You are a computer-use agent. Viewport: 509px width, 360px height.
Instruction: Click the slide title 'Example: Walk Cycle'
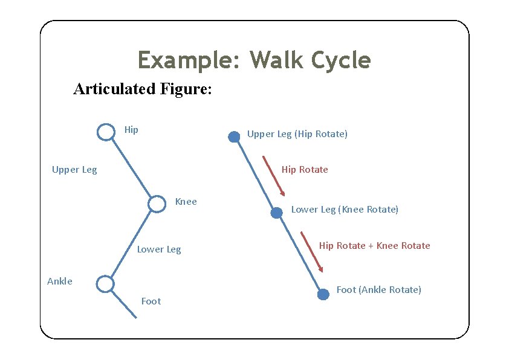click(x=254, y=60)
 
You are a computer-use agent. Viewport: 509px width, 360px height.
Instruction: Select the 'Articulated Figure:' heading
click(x=142, y=89)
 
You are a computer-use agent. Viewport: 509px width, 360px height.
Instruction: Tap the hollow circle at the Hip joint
click(x=106, y=132)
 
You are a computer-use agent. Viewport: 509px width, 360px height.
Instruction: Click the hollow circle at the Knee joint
click(x=157, y=204)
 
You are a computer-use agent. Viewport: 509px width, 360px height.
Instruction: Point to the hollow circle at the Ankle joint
click(x=105, y=283)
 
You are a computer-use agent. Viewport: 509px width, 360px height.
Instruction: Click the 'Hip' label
click(x=131, y=129)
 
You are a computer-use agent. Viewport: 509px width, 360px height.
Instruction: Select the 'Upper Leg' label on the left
click(x=74, y=170)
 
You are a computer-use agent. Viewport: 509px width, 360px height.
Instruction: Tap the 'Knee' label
click(x=186, y=202)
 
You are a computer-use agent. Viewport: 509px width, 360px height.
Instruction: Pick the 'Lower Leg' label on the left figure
click(x=159, y=249)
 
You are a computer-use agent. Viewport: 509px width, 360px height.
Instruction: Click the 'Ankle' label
click(x=60, y=281)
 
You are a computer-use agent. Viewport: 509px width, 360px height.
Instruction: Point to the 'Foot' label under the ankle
click(x=151, y=301)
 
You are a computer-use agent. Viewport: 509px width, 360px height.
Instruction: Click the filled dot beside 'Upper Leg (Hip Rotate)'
click(x=234, y=137)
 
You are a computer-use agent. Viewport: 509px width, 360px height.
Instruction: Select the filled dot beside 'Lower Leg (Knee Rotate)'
click(x=276, y=213)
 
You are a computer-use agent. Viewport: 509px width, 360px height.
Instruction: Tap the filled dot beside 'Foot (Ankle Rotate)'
click(x=323, y=294)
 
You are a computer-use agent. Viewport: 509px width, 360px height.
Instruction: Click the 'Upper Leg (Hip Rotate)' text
click(x=297, y=134)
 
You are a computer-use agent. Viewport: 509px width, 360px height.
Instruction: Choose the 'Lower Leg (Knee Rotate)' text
click(x=345, y=210)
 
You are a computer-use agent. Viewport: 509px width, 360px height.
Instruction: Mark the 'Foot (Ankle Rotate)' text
click(x=378, y=290)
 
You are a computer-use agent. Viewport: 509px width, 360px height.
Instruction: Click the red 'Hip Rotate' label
click(x=305, y=170)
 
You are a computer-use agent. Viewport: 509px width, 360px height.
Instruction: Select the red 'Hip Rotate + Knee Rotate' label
click(x=375, y=246)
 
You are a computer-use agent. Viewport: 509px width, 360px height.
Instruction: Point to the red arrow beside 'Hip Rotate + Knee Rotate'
click(x=312, y=252)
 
